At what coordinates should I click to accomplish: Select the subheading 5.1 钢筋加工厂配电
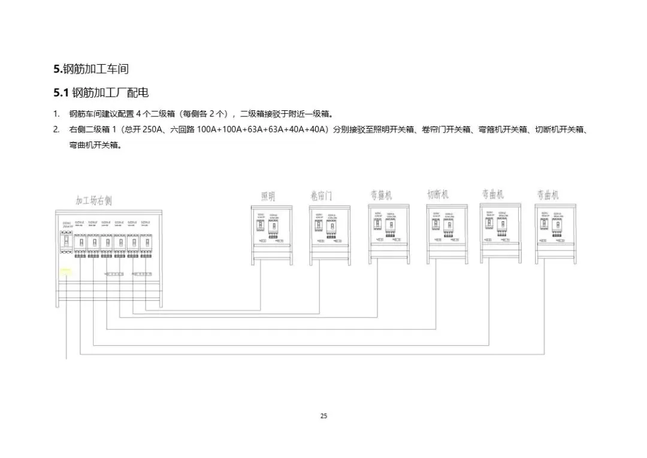pyautogui.click(x=101, y=93)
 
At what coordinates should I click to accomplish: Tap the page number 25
pyautogui.click(x=323, y=416)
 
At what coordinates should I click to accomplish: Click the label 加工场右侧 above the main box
pyautogui.click(x=93, y=200)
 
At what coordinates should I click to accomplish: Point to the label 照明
pyautogui.click(x=268, y=197)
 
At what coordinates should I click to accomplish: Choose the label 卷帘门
pyautogui.click(x=321, y=197)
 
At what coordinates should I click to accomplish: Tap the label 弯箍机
pyautogui.click(x=380, y=195)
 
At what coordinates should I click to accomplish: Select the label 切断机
pyautogui.click(x=438, y=195)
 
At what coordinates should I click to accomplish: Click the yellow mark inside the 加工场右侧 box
pyautogui.click(x=65, y=270)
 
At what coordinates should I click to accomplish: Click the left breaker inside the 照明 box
pyautogui.click(x=261, y=227)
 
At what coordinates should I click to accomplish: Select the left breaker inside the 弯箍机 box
pyautogui.click(x=378, y=226)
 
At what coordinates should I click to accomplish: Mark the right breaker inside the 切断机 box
pyautogui.click(x=448, y=226)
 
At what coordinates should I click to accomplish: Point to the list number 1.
pyautogui.click(x=56, y=114)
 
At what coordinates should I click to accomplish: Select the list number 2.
pyautogui.click(x=56, y=129)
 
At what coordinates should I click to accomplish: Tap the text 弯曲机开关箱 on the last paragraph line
pyautogui.click(x=95, y=145)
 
